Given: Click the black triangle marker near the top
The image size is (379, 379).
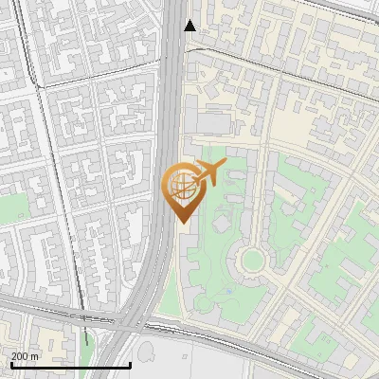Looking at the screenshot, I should coord(190,26).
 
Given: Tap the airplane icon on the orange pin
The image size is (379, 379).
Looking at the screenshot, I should coord(207,173).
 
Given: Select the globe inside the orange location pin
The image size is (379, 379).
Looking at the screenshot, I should coord(181,185).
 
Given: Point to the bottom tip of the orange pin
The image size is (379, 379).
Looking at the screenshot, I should coord(181,222).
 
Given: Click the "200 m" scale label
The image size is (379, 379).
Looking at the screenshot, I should coord(26,355).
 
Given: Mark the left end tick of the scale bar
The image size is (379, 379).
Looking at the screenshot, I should coord(10,364).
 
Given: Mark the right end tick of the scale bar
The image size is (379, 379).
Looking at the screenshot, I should coord(130,364).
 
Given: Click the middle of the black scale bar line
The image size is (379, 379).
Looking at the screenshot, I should coord(70,366).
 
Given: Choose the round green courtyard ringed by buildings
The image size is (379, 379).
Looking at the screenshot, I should coord(251,259).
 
